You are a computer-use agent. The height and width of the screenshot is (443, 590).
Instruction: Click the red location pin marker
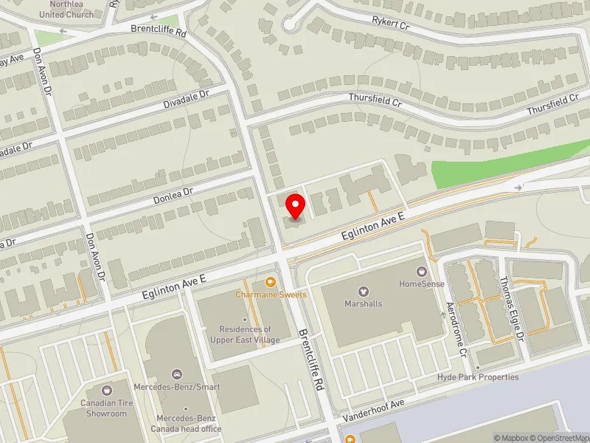point(295,206)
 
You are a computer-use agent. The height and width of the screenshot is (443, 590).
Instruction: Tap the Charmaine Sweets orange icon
point(271,281)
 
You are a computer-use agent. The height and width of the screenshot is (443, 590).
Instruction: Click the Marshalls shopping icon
point(363,291)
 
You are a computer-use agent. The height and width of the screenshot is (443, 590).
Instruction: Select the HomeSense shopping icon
point(421,271)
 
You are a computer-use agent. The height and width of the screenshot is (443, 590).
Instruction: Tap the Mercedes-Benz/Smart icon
point(176,374)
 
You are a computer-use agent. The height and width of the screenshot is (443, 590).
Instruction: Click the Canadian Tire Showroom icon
point(108,390)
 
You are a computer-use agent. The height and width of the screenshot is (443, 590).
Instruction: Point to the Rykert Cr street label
point(391,24)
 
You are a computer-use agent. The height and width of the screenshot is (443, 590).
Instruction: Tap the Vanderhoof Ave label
point(374,411)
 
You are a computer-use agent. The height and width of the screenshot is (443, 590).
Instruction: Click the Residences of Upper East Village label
point(245,334)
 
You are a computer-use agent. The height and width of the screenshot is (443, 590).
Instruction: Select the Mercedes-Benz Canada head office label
point(186,423)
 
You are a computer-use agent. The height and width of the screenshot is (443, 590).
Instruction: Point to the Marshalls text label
point(364,303)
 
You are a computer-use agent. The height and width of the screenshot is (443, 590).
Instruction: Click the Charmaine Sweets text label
point(271,295)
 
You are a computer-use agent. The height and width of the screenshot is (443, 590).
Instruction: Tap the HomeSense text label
point(421,284)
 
